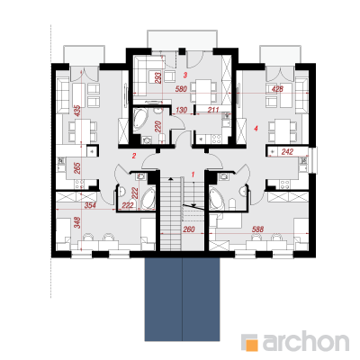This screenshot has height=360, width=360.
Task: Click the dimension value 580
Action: [x=182, y=89]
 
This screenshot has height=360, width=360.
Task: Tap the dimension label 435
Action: [x=77, y=111]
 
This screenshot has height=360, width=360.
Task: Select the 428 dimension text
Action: [x=277, y=89]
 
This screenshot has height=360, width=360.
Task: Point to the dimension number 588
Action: [x=257, y=229]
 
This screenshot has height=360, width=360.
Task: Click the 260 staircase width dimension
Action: [x=189, y=229]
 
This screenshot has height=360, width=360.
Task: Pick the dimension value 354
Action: [x=90, y=205]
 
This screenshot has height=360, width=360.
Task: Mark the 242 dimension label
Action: [x=287, y=152]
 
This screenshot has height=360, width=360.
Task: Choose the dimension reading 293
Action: [x=158, y=77]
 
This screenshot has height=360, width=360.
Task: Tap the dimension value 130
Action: [x=182, y=110]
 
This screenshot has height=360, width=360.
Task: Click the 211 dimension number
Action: [x=213, y=110]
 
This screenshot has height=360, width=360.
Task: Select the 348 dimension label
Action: [x=77, y=222]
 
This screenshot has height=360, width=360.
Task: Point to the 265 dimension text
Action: [x=77, y=168]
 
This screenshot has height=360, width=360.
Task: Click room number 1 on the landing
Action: [x=193, y=175]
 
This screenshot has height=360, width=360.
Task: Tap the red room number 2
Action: [x=134, y=156]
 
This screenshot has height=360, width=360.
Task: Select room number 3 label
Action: [x=185, y=75]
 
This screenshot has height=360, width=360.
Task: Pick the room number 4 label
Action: [x=256, y=129]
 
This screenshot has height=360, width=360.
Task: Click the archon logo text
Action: [x=306, y=341]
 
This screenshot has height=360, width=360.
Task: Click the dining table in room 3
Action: [x=203, y=90]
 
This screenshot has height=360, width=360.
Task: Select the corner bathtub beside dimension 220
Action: [x=139, y=120]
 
